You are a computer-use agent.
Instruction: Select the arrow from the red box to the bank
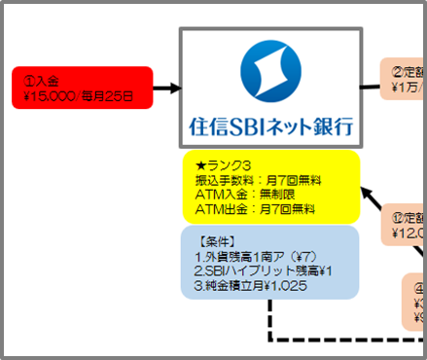(x=166, y=89)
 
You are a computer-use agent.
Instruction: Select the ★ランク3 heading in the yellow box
(x=226, y=165)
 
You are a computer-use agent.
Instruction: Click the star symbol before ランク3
(x=200, y=165)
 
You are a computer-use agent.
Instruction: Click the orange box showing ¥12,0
(x=407, y=226)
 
